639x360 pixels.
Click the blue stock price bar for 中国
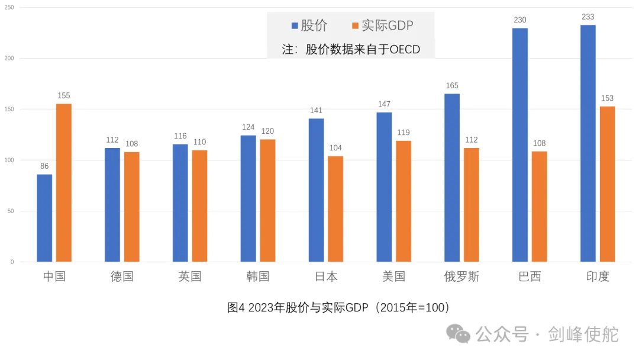pos(44,218)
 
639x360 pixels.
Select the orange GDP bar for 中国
pos(64,182)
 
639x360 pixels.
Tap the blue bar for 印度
pos(588,143)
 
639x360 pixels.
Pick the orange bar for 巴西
pos(539,206)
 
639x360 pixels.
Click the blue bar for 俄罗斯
pos(452,178)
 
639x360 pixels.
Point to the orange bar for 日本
pos(335,208)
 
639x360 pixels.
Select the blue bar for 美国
pos(384,187)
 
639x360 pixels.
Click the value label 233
pos(588,17)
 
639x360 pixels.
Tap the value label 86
pos(44,166)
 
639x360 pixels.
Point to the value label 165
pos(452,86)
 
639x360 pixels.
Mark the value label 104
pos(335,148)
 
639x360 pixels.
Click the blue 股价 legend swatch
pos(294,25)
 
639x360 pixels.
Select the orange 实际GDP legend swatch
pos(355,25)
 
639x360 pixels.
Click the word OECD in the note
pos(404,50)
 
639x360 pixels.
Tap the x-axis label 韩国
pos(258,277)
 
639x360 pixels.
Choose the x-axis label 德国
pos(122,277)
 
